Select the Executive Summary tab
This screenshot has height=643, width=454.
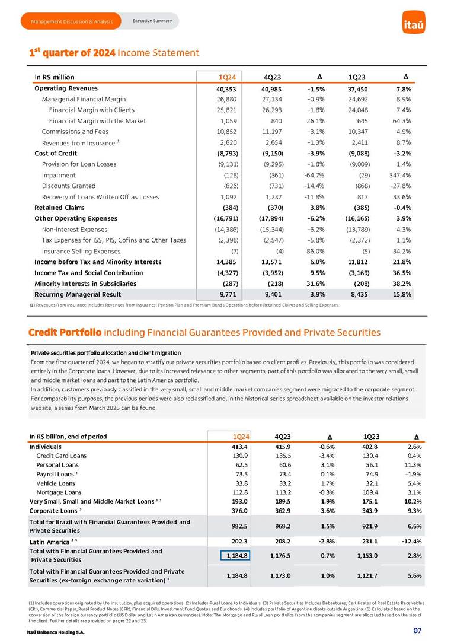point(152,21)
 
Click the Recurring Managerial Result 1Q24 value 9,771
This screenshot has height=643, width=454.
point(228,294)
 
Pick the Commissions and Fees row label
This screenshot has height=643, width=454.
point(75,132)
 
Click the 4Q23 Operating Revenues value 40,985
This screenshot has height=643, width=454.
point(272,88)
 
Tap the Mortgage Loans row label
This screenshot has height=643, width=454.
point(59,492)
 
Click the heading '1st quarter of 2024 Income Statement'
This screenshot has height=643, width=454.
point(114,53)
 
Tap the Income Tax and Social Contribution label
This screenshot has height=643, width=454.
point(88,272)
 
